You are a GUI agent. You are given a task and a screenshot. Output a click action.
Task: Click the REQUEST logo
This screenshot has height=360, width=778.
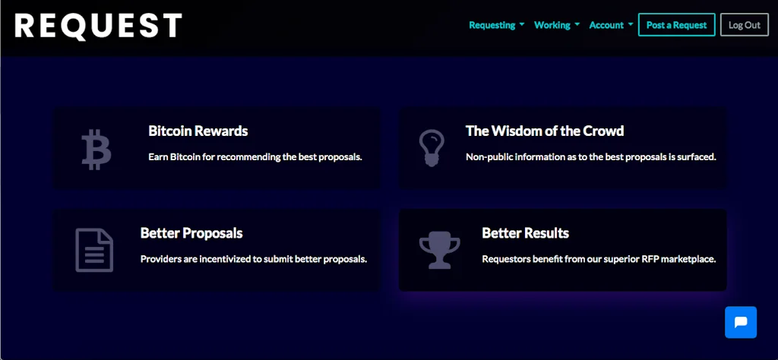point(98,26)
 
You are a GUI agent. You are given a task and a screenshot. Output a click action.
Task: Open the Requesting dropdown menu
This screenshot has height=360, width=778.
point(497,25)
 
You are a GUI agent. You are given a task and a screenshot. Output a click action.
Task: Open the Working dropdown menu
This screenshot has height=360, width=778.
point(557,25)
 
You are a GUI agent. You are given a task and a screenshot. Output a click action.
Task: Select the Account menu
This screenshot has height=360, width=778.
point(611,25)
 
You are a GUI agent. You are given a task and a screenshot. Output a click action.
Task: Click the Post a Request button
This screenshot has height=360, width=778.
point(676,25)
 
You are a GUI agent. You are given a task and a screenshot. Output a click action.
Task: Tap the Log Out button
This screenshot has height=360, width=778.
point(745,25)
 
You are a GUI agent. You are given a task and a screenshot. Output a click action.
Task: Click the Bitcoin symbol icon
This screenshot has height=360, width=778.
point(96,150)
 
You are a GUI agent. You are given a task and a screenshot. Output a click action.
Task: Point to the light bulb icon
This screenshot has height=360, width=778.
point(432,147)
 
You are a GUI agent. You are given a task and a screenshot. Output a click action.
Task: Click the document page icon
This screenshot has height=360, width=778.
point(94,250)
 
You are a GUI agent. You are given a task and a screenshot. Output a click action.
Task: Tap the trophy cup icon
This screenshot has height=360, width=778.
point(440,250)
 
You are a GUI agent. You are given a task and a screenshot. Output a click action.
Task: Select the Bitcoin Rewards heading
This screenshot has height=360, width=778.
point(198,131)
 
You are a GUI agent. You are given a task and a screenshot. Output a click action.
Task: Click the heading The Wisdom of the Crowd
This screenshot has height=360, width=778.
point(544,131)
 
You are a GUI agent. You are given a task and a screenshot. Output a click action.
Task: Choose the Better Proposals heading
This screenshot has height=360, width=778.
point(191,233)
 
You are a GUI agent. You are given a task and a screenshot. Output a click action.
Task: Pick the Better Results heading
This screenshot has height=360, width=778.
point(526,232)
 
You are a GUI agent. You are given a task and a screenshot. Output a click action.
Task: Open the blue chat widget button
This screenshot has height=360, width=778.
point(741,322)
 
